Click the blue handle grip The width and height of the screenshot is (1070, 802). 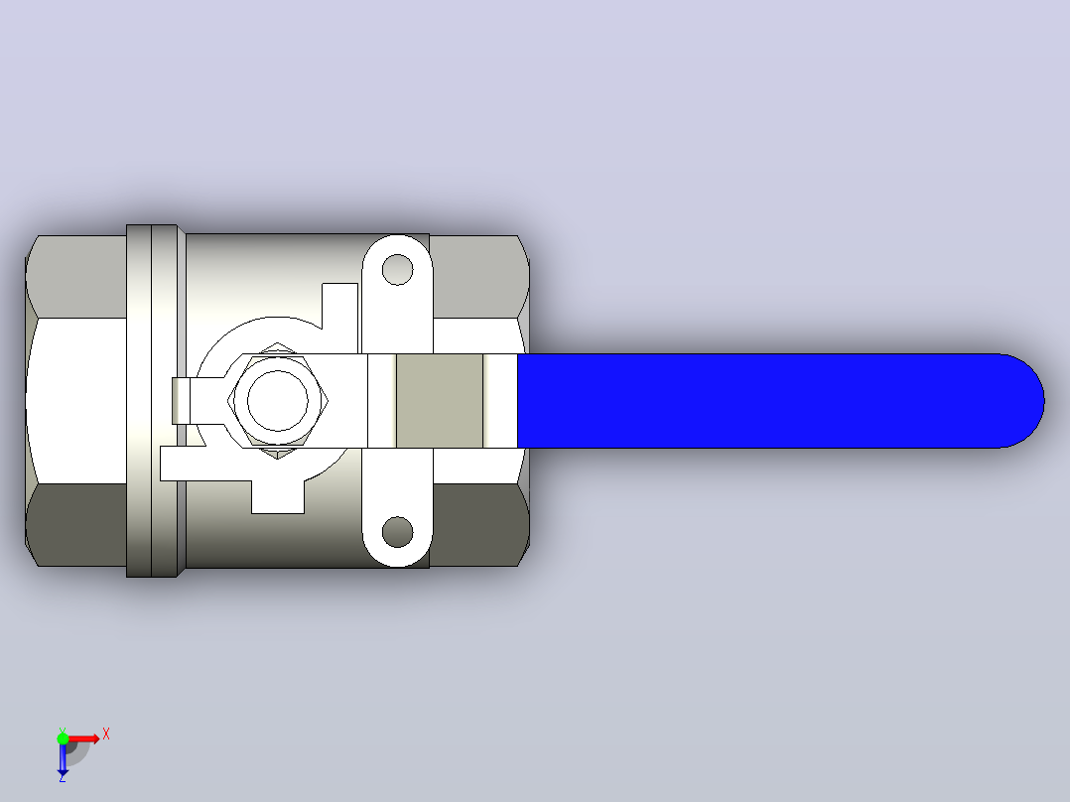point(778,401)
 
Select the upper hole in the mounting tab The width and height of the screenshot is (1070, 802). point(397,270)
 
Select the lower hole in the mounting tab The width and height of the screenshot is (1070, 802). point(397,532)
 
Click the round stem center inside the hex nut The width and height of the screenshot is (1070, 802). point(277,401)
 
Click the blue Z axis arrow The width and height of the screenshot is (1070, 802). point(63,758)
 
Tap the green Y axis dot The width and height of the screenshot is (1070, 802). point(63,737)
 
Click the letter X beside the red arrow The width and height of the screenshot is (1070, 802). point(106,735)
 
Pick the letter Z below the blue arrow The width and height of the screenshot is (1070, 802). point(63,777)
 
